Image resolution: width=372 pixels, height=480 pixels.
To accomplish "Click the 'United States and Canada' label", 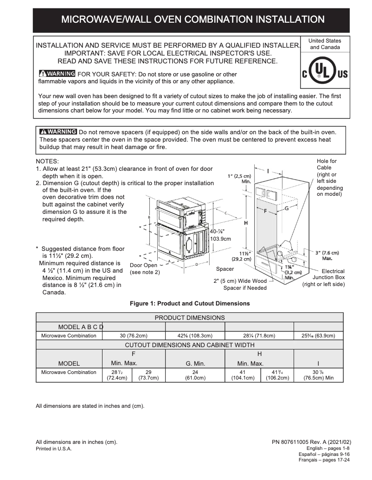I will coord(325,44).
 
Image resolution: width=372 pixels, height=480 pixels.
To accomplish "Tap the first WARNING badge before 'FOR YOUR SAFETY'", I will coord(57,74).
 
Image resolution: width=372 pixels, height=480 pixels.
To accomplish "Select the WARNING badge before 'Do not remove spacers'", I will coord(58,131).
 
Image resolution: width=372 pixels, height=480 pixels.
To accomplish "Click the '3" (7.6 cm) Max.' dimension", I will coord(327,255).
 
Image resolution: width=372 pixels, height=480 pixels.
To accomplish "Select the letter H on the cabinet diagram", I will coord(245,223).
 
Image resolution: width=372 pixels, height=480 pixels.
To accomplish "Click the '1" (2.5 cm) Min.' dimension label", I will coord(240,179).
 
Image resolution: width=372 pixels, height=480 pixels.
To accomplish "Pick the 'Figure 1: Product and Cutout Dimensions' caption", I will coord(190,304).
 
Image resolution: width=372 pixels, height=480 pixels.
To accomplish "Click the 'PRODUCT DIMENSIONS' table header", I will coord(190,318).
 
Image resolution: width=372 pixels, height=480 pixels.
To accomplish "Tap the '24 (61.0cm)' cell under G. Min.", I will coord(195,374).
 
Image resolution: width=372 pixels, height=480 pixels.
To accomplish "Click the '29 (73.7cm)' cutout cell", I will coord(148,374).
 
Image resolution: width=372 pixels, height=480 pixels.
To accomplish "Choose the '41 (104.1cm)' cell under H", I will coord(242,374).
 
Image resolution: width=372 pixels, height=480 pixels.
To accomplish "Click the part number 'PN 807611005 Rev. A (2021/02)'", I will coord(311,442).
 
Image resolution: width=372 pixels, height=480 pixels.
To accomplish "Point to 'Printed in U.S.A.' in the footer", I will coord(54,449).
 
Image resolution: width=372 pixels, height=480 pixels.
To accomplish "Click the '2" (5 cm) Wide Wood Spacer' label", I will coord(240,284).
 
